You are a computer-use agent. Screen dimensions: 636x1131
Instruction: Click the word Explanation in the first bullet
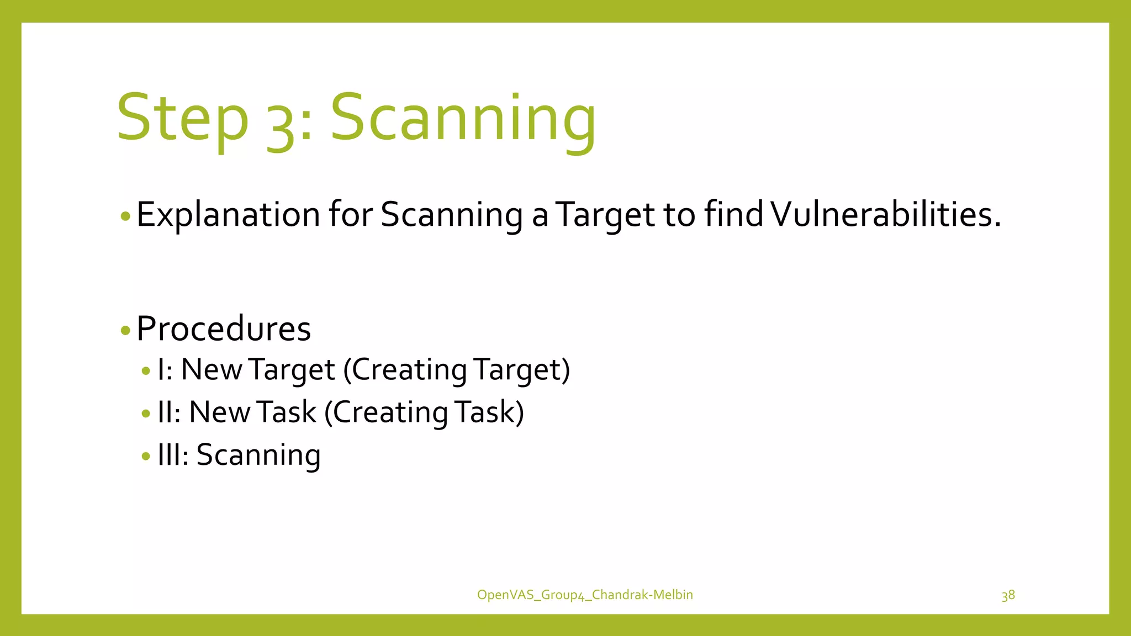coord(228,215)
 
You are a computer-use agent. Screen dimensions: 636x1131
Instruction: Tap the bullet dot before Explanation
coord(125,216)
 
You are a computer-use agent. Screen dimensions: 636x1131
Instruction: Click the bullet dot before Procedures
coord(125,331)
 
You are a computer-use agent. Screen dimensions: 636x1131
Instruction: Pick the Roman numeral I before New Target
coord(161,369)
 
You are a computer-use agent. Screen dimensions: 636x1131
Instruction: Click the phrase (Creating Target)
coord(456,370)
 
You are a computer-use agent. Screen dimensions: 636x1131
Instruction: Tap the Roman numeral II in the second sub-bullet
coord(165,412)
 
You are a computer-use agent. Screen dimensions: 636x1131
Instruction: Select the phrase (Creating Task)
coord(424,412)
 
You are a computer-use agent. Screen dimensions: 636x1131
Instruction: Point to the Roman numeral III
coord(170,455)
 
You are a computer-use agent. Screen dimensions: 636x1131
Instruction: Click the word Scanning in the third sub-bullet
coord(258,455)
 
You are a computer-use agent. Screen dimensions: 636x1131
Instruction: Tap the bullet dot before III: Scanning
coord(146,457)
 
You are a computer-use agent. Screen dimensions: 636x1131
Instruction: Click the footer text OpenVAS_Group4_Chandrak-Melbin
coord(585,595)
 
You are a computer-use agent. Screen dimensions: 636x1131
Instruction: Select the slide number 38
coord(1008,595)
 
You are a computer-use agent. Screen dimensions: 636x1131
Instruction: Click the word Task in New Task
coord(286,412)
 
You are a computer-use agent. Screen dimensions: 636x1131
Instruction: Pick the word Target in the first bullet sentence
coord(605,215)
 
